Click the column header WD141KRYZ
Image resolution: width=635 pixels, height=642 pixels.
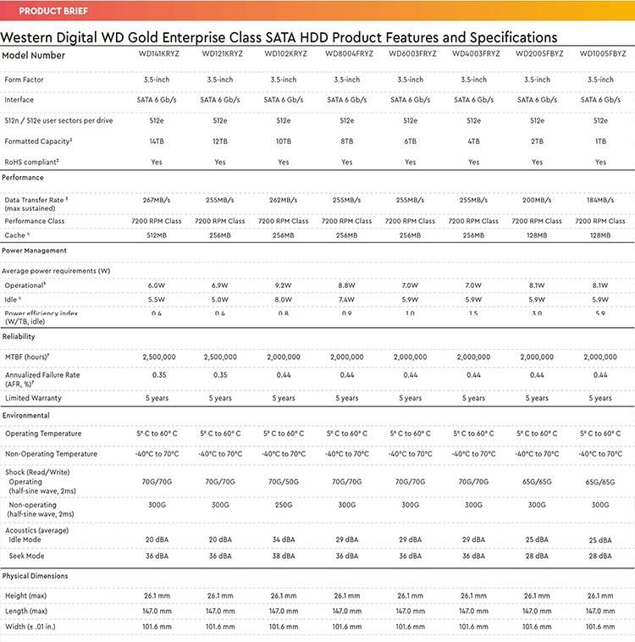[x=157, y=54]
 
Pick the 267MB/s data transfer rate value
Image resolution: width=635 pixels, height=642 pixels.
[x=157, y=201]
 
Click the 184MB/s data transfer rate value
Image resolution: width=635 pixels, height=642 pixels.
[x=600, y=201]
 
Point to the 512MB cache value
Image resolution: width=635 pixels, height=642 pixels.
[x=157, y=235]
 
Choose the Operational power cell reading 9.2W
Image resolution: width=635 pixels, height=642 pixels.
[x=284, y=285]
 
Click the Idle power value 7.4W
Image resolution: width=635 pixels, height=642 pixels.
[x=347, y=300]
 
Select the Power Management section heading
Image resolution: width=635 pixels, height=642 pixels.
[x=34, y=251]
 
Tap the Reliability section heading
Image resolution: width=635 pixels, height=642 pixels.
[x=19, y=337]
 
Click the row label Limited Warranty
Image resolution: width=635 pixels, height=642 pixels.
[x=33, y=398]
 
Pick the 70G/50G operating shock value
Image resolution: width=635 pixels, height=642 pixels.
[x=284, y=481]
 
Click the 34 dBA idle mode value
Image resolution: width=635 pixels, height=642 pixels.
[x=284, y=540]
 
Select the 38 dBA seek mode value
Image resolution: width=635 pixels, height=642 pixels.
[x=284, y=556]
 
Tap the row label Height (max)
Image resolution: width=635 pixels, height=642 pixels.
[x=26, y=595]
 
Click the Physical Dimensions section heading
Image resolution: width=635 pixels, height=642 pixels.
[x=36, y=576]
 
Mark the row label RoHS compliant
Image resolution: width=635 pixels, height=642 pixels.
[x=31, y=162]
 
